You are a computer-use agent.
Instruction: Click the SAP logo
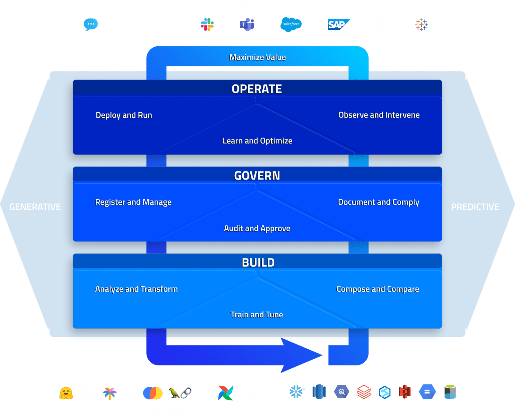point(338,24)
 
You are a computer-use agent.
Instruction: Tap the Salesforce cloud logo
point(291,24)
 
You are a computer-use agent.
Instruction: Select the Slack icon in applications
point(207,24)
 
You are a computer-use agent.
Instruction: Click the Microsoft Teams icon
point(247,24)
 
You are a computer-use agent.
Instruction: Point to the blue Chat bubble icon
point(90,24)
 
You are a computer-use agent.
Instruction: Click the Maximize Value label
point(257,57)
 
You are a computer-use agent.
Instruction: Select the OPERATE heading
point(257,89)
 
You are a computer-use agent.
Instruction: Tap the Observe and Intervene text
point(379,115)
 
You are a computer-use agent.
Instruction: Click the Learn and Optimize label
point(257,141)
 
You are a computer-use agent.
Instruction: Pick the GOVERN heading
point(257,176)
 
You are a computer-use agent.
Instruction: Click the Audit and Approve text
point(257,228)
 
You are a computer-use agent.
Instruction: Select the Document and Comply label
point(379,202)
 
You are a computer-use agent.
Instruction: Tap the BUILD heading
point(258,263)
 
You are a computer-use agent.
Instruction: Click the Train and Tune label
point(257,315)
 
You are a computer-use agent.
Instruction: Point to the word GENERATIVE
point(35,207)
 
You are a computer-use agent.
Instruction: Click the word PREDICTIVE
point(475,207)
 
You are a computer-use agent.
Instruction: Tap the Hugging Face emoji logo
point(66,393)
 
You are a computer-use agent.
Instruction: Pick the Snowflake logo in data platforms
point(296,392)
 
